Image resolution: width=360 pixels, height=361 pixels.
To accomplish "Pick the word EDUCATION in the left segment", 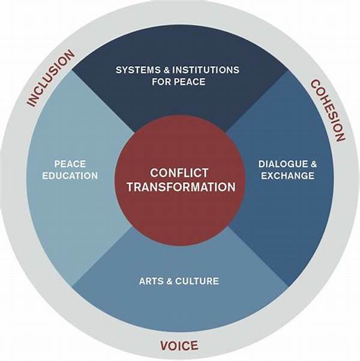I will point(70,176).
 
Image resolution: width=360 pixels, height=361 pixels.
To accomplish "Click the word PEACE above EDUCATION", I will point(70,163).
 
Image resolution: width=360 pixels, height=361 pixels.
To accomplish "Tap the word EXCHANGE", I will point(287,176).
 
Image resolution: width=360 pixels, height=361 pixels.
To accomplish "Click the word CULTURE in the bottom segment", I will point(198,281).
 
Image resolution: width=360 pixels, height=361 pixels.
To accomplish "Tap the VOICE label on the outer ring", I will point(179,346).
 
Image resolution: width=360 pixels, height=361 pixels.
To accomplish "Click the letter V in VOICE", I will point(164,346).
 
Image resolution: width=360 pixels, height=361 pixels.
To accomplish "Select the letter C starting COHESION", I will point(313,83).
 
